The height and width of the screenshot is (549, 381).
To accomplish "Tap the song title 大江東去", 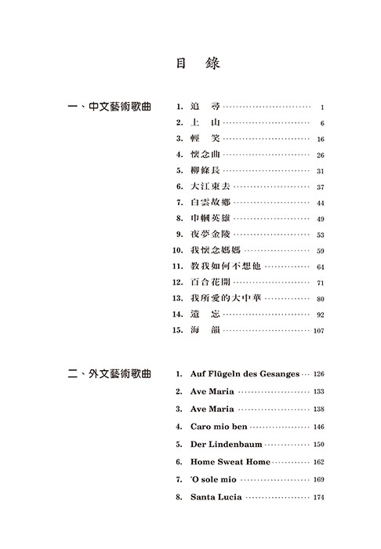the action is pyautogui.click(x=210, y=187).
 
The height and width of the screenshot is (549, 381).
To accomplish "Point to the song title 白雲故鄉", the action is pyautogui.click(x=210, y=203).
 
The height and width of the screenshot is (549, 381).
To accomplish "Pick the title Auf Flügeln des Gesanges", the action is pyautogui.click(x=245, y=374).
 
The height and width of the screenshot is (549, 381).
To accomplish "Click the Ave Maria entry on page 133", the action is pyautogui.click(x=212, y=391).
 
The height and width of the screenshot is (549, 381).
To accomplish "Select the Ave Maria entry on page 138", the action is pyautogui.click(x=212, y=409).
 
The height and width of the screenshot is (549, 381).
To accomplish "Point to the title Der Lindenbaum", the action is pyautogui.click(x=222, y=444).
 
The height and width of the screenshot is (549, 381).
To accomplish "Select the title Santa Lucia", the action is pyautogui.click(x=216, y=497).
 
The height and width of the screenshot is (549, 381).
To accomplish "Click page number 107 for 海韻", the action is pyautogui.click(x=317, y=331).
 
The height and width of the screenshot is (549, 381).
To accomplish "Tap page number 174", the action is pyautogui.click(x=317, y=497).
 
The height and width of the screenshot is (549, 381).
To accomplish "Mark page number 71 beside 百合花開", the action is pyautogui.click(x=321, y=283).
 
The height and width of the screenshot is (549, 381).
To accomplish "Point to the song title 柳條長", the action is pyautogui.click(x=205, y=171).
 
